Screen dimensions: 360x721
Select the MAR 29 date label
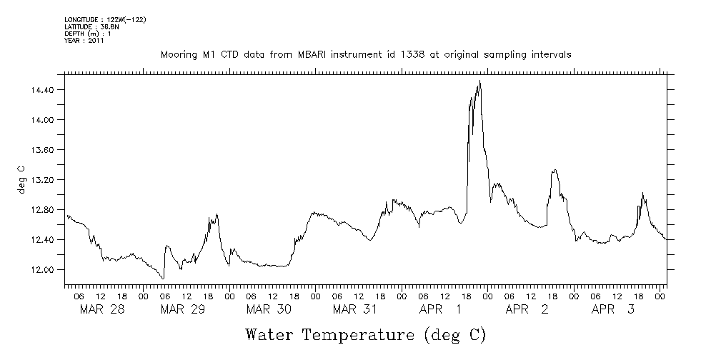[x=183, y=309]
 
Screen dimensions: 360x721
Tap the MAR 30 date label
[x=269, y=309]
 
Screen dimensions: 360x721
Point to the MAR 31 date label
[x=355, y=309]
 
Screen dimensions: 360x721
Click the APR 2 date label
[x=527, y=309]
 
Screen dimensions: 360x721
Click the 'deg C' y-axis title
[x=21, y=179]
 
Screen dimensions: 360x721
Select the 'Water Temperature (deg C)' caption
[x=366, y=334]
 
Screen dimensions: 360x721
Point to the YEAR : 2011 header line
[x=84, y=41]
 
